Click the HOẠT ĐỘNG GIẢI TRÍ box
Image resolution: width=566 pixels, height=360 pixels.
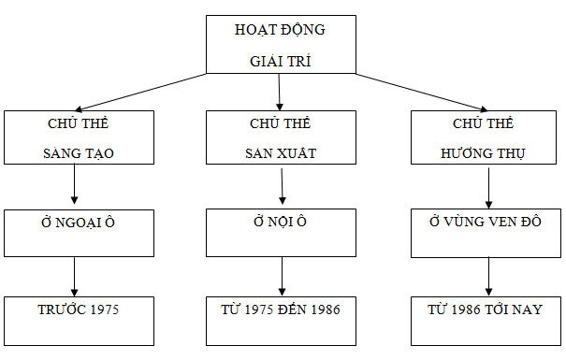281,44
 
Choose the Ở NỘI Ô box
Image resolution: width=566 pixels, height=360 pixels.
282,233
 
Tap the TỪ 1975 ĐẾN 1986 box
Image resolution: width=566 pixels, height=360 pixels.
282,321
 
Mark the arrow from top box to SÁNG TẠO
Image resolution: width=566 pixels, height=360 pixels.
140,92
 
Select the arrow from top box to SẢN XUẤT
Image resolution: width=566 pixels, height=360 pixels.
280,92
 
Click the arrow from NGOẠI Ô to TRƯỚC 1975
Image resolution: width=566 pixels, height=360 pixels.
74,277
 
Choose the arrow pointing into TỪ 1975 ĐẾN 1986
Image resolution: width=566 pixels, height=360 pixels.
283,277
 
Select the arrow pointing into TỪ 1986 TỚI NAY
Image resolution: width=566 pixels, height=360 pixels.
488,277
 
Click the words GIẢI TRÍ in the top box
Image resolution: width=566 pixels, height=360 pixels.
280,61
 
